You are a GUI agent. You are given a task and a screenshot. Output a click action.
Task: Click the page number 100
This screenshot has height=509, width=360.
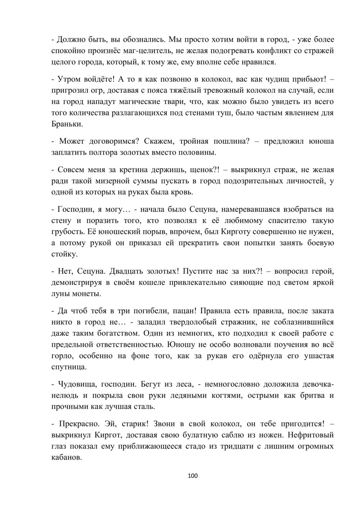point(193,476)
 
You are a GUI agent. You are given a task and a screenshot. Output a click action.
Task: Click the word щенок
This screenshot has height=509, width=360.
point(205,170)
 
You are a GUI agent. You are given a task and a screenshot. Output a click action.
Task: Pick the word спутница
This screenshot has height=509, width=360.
point(69,367)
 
